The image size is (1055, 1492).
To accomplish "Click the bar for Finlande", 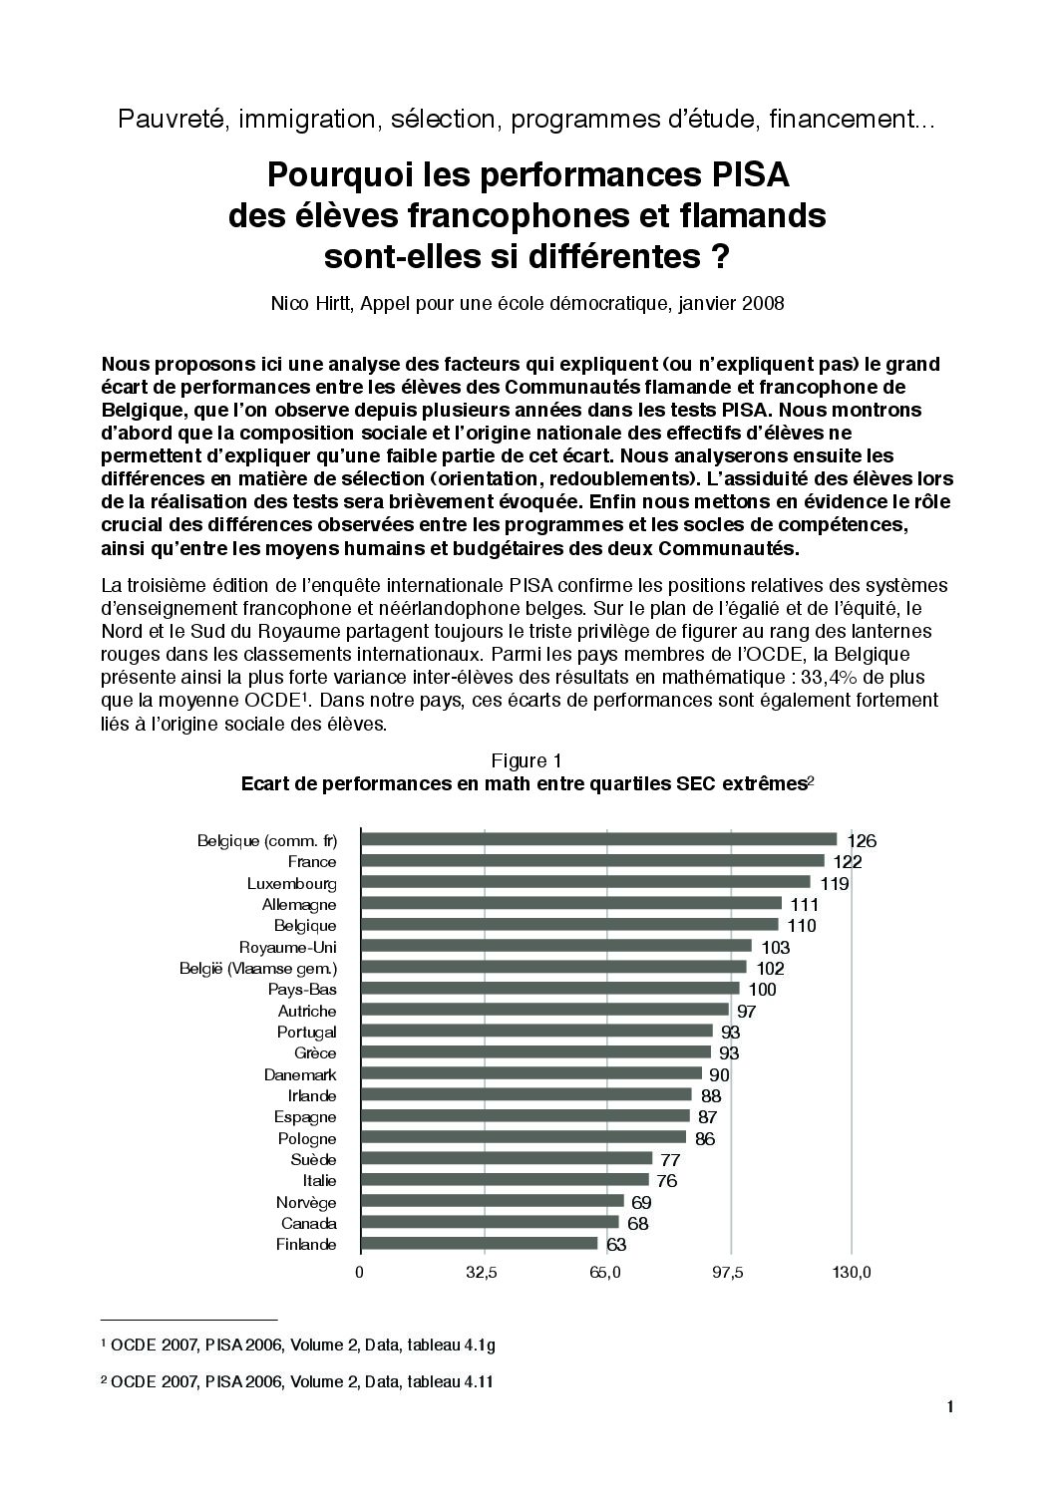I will tap(479, 1244).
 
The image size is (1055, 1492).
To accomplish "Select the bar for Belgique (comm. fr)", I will tap(598, 839).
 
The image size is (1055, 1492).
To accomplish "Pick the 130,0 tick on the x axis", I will tap(851, 1272).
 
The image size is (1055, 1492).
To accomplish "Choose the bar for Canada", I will tap(489, 1223).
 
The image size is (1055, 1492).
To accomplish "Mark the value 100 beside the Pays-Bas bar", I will tap(762, 990).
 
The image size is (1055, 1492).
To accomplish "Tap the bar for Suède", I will tap(506, 1159).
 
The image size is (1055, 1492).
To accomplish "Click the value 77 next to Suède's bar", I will tap(670, 1160).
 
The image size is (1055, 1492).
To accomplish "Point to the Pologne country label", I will tap(307, 1138).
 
